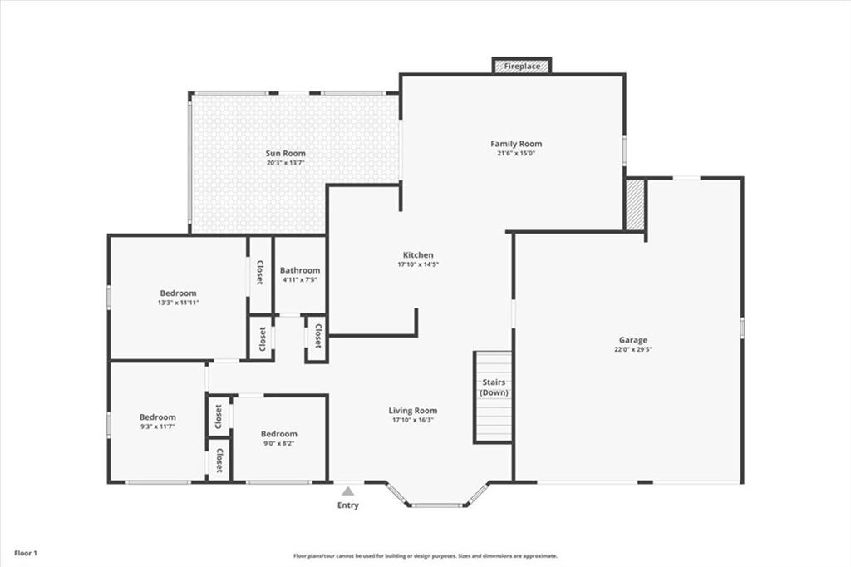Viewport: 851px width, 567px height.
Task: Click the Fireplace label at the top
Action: pos(522,67)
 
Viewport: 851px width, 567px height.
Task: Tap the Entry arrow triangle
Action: pos(348,491)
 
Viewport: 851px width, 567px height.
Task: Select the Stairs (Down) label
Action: pos(494,387)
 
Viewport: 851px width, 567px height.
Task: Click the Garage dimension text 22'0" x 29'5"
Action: pos(633,350)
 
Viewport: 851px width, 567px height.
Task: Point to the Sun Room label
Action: pos(286,153)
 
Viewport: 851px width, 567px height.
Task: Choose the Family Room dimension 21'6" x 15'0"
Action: pos(516,153)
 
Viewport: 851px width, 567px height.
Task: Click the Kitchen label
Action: pos(418,254)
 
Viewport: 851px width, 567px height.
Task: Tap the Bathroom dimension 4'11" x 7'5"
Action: pos(299,279)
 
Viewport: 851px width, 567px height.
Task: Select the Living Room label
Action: pos(412,411)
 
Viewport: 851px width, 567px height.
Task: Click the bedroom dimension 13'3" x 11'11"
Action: pos(178,303)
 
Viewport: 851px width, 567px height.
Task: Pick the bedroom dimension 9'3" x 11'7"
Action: pos(157,426)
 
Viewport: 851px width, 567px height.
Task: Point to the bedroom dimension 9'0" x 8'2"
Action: pos(278,443)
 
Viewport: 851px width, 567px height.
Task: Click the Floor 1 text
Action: pos(26,554)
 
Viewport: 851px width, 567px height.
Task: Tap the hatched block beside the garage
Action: pos(635,205)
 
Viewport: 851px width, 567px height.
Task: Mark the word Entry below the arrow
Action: pos(348,505)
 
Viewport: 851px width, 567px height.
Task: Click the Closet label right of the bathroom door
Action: pos(318,336)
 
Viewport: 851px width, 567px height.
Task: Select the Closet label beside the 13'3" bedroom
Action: pos(259,273)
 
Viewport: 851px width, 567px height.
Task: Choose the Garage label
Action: pos(633,340)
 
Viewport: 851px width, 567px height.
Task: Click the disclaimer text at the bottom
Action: pos(425,555)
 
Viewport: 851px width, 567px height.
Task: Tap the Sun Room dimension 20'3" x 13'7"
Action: pos(286,162)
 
